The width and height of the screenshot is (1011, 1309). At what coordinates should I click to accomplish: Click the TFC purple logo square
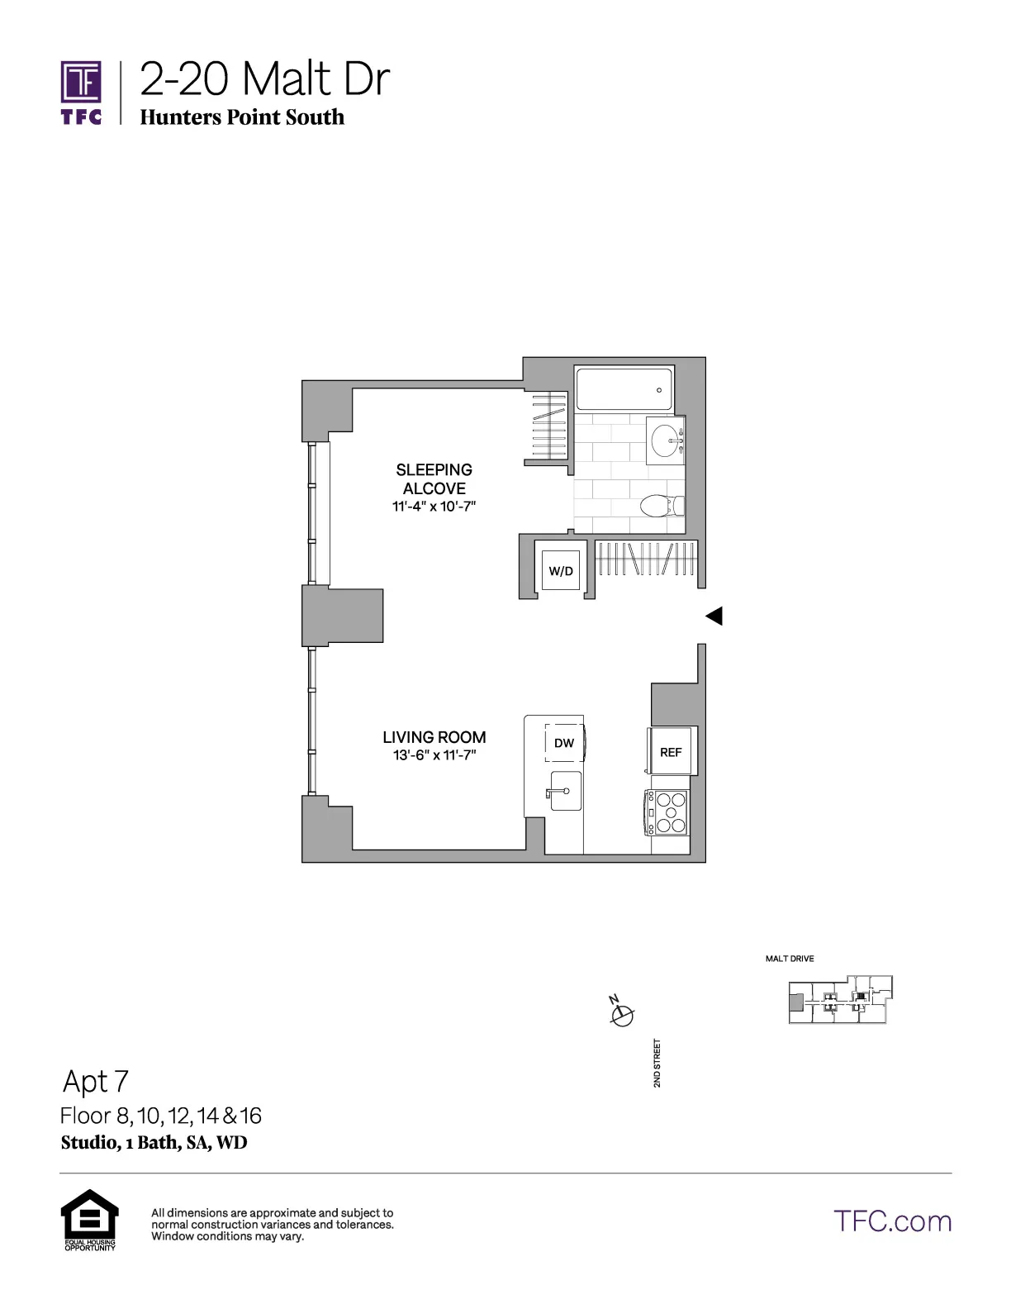coord(81,83)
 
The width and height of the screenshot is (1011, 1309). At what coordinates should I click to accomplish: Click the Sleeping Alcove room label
coord(434,479)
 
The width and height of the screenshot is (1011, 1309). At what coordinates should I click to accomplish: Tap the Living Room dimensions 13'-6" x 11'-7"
coord(434,755)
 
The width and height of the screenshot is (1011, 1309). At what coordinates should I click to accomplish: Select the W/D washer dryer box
coord(561,570)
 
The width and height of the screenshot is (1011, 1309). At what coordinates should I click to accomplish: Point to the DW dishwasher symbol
coord(564,743)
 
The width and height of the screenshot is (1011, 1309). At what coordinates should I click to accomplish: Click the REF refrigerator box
coord(671,752)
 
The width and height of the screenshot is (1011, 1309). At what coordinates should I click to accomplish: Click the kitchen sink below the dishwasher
coord(565,791)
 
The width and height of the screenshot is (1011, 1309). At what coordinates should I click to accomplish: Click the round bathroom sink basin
coord(666,440)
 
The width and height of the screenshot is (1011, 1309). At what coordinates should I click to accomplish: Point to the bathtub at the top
coord(624,389)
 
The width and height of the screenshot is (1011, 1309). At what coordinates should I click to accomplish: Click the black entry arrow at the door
coord(714,616)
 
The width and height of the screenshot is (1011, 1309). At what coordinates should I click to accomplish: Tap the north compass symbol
coord(621,1013)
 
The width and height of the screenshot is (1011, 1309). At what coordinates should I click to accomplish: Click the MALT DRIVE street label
coord(790,959)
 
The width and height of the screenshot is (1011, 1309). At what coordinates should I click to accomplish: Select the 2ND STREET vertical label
coord(657,1063)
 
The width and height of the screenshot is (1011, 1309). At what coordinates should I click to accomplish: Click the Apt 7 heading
coord(96,1081)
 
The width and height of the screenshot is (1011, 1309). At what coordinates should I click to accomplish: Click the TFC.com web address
coord(892,1221)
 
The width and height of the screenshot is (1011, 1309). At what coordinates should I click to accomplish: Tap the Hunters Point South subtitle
coord(242,117)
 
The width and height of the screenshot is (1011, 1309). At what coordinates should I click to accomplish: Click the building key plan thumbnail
coord(841,1000)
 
